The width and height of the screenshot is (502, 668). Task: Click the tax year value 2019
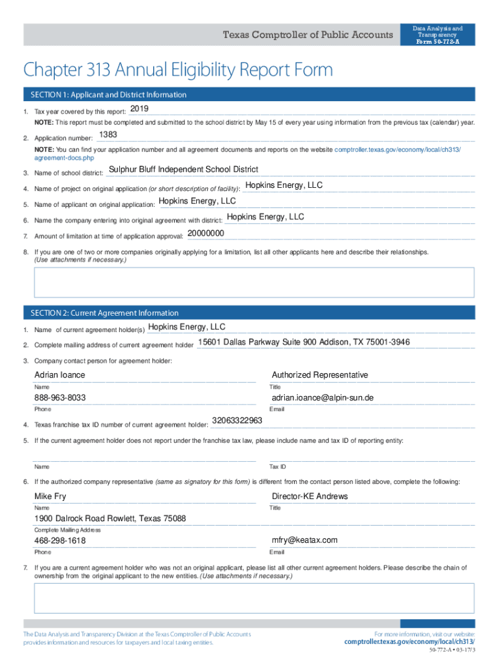tap(140, 108)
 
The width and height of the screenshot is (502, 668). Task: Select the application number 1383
tap(108, 134)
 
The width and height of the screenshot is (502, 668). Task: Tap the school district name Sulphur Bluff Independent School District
tap(183, 170)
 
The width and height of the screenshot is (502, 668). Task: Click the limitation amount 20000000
tap(205, 234)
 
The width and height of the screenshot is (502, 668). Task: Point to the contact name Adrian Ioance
tap(59, 375)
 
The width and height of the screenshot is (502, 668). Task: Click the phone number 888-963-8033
tap(60, 398)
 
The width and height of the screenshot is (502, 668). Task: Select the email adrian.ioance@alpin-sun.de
tap(322, 398)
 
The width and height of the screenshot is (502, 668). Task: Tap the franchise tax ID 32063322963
tap(237, 421)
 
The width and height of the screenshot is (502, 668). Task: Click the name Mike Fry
tap(50, 496)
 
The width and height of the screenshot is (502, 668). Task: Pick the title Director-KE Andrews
tap(310, 496)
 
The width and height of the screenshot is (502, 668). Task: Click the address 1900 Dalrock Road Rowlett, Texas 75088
tap(110, 519)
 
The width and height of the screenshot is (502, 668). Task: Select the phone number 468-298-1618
tap(60, 541)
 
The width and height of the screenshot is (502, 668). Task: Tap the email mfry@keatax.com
tap(304, 540)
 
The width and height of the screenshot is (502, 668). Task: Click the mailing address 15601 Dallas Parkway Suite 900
tap(304, 342)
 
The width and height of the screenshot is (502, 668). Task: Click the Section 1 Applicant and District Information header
tap(106, 95)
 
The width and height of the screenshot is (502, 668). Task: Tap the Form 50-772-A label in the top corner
tap(437, 42)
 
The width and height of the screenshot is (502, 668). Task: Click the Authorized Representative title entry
tap(319, 375)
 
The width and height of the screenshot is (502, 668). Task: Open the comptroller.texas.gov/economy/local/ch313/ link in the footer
tap(409, 642)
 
